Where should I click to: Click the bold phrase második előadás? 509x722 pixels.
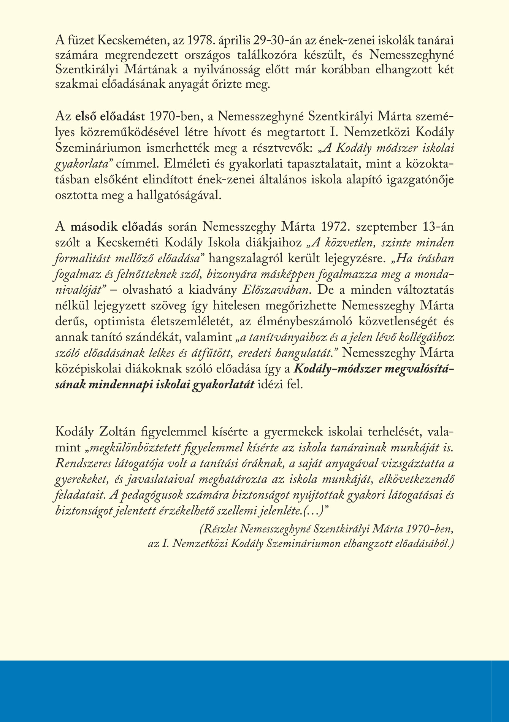[117, 227]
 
